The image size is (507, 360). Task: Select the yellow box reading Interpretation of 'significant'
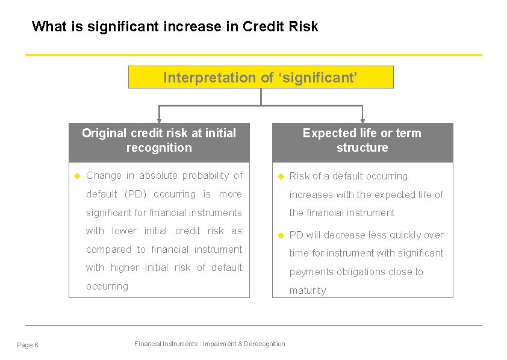261,78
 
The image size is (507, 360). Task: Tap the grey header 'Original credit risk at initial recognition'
159,141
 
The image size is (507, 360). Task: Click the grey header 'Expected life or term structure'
362,141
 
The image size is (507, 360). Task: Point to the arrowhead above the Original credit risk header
159,120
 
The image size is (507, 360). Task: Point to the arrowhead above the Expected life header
362,120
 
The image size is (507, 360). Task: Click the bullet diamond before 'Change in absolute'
76,176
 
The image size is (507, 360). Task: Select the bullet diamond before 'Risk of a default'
279,176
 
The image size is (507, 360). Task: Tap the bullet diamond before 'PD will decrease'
279,235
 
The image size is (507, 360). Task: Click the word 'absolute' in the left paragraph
158,176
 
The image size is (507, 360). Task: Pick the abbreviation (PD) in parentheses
135,194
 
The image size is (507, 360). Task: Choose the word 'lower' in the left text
124,231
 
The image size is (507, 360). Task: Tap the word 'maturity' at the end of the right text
308,290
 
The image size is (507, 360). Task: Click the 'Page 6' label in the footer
28,345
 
